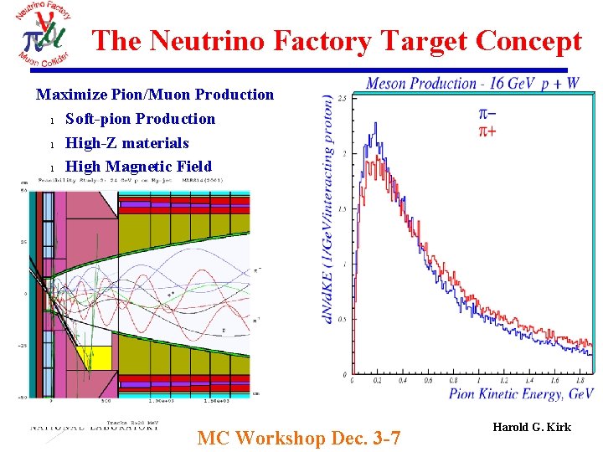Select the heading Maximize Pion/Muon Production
coord(155,95)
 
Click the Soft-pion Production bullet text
coord(140,119)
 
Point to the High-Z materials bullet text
coord(127,143)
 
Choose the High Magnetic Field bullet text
coord(138,167)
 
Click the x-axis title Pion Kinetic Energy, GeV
coord(521,394)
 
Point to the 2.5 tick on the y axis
coord(342,100)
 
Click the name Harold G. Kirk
coord(532,428)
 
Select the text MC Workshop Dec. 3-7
coord(298,438)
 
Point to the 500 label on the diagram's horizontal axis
coord(106,402)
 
